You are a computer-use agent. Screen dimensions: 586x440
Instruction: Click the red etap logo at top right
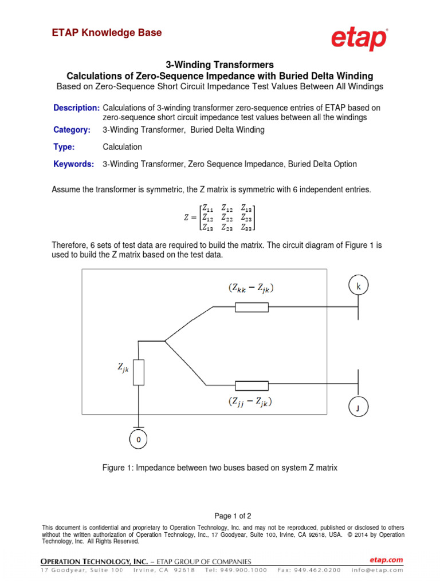(359, 39)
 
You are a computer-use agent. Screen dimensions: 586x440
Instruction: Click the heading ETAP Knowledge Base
(107, 33)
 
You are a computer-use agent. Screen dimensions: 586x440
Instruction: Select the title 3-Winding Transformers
(219, 65)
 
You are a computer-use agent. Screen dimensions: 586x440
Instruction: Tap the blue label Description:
(76, 108)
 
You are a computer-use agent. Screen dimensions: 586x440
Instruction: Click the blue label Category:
(72, 130)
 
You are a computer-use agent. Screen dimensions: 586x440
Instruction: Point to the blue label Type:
(64, 147)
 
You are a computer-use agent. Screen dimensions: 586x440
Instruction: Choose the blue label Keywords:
(74, 164)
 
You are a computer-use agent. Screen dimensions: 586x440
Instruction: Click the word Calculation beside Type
(123, 147)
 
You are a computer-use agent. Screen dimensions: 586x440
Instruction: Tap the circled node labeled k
(359, 286)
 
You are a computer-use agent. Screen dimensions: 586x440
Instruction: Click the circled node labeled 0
(138, 439)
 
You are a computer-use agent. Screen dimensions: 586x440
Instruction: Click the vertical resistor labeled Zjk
(138, 372)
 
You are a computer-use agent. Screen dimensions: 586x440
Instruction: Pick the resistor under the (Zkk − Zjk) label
(252, 307)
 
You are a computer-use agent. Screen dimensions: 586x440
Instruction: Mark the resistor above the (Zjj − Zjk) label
(252, 385)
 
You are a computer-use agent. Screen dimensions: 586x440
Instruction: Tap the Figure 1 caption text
(220, 468)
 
